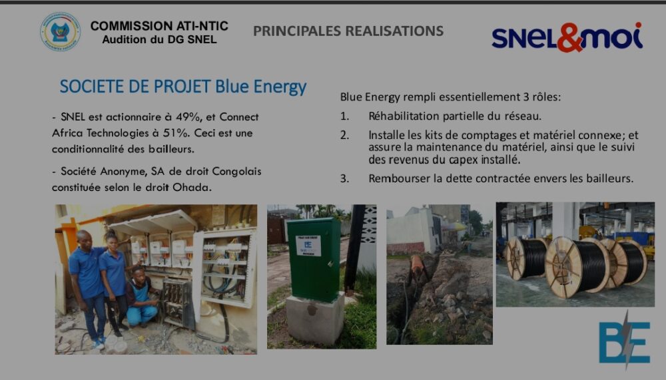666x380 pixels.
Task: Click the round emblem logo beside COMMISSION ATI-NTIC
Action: [61, 32]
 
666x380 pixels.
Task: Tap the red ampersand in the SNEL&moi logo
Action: [569, 37]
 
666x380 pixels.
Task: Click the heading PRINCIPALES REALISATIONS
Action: [348, 31]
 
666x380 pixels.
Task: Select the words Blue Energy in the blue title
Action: [261, 87]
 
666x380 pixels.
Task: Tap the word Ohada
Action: [192, 187]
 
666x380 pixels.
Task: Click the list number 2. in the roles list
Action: [344, 135]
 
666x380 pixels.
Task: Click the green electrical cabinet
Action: [314, 259]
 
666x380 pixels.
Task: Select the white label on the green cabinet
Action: [308, 246]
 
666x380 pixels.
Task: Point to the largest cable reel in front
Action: [577, 267]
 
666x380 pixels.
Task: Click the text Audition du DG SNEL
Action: [159, 39]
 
